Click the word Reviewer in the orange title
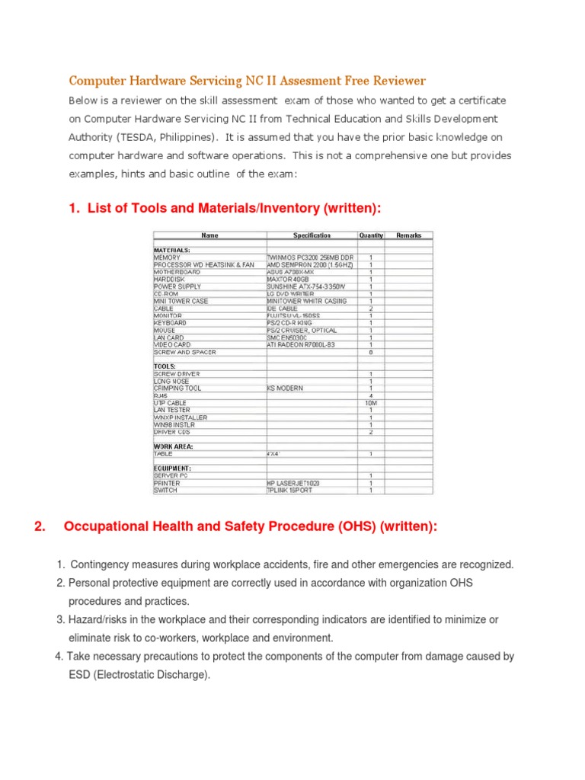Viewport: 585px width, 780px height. [x=399, y=80]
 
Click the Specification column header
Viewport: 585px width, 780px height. [x=312, y=235]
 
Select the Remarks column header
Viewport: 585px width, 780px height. [x=409, y=235]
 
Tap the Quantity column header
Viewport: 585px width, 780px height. [x=371, y=235]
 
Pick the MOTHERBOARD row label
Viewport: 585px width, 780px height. [x=177, y=272]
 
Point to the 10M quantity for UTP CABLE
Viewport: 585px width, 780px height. [x=371, y=403]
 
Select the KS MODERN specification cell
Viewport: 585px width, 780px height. [x=285, y=388]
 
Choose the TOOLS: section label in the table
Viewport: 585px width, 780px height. [x=165, y=366]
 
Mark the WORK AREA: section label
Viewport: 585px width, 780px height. [x=174, y=446]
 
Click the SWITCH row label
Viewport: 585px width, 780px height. [x=165, y=490]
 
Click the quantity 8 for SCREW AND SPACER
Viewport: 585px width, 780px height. [x=371, y=352]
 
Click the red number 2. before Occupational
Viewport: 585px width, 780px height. [x=41, y=526]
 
